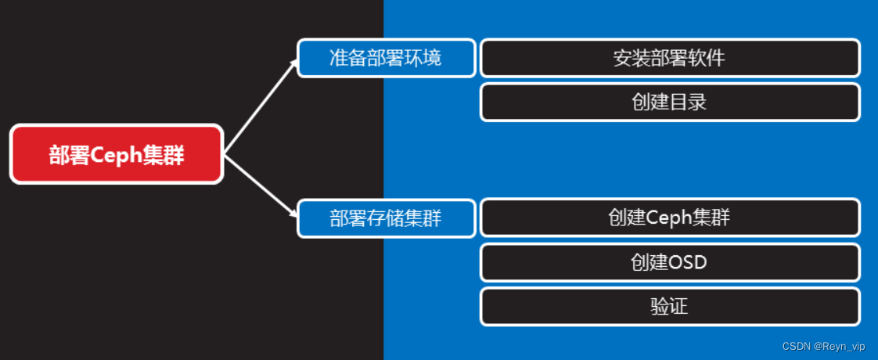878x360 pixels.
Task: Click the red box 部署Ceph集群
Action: point(117,154)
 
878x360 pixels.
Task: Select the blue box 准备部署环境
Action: point(387,58)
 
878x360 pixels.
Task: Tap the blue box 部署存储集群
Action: point(387,218)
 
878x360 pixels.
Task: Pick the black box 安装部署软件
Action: point(670,58)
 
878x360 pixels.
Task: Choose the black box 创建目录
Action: point(670,102)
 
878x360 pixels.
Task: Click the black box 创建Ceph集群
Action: point(670,218)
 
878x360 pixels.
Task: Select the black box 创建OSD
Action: point(670,261)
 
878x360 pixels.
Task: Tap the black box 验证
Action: point(670,306)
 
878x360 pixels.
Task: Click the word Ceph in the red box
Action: point(115,155)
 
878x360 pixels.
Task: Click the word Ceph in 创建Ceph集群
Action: point(668,218)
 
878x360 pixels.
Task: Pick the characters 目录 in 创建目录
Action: point(688,102)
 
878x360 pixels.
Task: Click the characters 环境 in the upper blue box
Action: point(423,58)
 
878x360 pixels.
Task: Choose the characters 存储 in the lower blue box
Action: point(387,218)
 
